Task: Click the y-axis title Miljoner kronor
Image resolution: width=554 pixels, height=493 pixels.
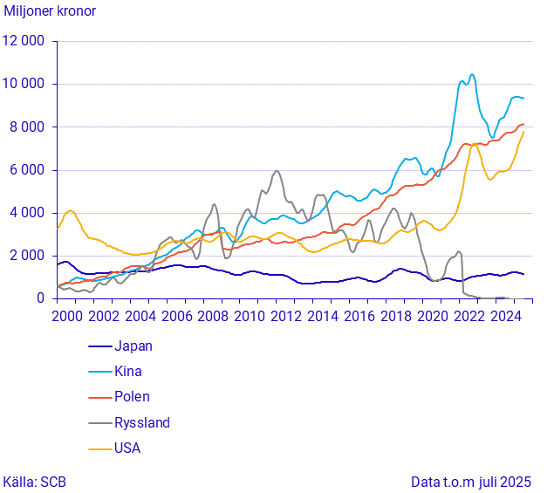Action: [x=50, y=12]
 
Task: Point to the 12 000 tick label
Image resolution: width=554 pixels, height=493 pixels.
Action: [x=24, y=41]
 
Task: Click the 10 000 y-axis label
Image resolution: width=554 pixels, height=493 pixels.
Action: [x=24, y=84]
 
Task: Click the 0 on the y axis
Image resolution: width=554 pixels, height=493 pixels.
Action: [x=40, y=298]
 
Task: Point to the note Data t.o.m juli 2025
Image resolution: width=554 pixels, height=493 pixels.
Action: [x=471, y=481]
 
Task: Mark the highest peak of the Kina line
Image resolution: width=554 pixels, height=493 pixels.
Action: [x=472, y=75]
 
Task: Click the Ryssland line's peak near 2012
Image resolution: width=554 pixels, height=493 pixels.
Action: [x=277, y=171]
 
